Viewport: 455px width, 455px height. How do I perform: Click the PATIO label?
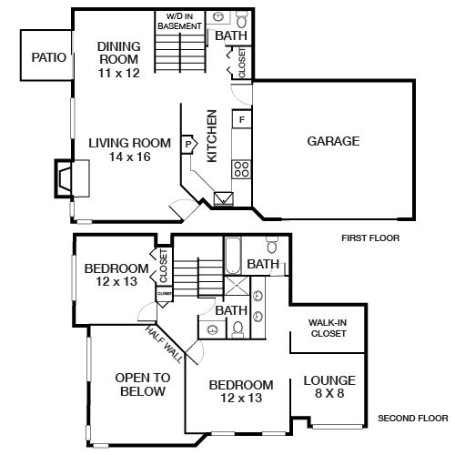(x=48, y=57)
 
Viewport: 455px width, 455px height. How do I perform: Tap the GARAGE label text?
(x=333, y=141)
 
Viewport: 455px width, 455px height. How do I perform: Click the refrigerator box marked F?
(x=242, y=119)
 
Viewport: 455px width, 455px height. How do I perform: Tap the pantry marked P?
(x=188, y=144)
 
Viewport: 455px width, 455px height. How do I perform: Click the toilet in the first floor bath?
(x=241, y=20)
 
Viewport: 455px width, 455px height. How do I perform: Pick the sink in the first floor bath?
(x=218, y=18)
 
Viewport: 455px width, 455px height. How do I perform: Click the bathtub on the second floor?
(x=232, y=254)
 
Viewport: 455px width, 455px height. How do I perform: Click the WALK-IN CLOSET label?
(x=328, y=328)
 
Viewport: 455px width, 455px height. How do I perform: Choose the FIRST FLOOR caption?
(x=370, y=238)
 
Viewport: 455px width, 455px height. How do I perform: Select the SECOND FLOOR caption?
(x=411, y=420)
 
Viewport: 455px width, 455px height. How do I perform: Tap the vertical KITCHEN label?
(x=212, y=136)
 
